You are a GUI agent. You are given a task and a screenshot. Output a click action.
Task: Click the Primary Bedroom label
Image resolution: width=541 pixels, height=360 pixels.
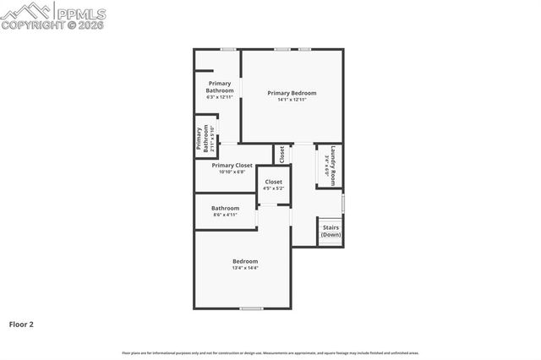tap(292, 92)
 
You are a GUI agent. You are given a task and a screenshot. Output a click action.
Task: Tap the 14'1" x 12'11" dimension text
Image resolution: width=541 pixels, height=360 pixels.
tap(292, 100)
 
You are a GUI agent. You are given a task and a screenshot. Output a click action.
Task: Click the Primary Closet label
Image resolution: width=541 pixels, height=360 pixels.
tap(232, 166)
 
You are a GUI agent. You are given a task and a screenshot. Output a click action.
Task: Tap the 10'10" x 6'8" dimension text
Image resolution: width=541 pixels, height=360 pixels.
tap(232, 172)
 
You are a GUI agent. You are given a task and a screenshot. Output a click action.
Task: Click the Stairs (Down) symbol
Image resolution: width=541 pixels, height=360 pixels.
tap(331, 231)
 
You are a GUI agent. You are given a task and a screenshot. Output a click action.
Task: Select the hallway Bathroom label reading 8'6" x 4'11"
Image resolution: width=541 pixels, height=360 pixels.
tap(225, 208)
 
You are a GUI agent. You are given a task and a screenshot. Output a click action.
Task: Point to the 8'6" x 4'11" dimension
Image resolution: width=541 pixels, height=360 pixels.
tap(225, 215)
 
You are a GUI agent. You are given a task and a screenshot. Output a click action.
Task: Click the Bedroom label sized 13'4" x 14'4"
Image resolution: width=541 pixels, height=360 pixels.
tap(245, 261)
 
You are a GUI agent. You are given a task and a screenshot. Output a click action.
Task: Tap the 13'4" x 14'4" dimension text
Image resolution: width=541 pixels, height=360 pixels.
tap(245, 268)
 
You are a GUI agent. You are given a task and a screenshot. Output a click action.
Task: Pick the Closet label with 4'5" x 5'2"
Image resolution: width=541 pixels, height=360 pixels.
tap(274, 182)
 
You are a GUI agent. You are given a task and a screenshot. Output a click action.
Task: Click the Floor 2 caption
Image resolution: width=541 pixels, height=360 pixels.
tap(21, 324)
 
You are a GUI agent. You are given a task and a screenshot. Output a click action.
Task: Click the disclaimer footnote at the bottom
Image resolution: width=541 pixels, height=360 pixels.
tap(270, 352)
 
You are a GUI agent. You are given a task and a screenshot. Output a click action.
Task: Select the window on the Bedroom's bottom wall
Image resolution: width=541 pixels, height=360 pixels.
tap(251, 308)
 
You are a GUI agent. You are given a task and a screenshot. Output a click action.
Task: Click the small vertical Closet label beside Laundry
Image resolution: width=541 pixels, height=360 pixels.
tap(282, 155)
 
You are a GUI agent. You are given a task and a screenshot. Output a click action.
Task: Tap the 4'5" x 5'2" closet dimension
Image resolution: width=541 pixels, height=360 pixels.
tap(274, 188)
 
